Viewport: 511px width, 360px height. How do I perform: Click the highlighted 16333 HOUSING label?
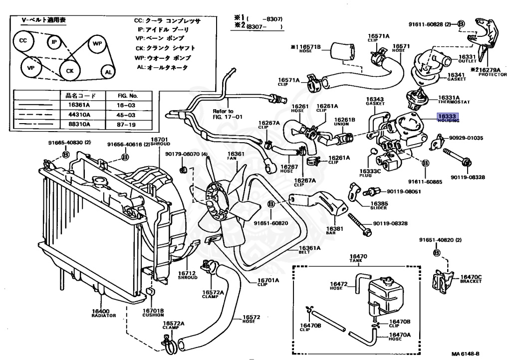tap(448, 118)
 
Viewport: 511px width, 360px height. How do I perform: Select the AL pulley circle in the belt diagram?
tap(108, 72)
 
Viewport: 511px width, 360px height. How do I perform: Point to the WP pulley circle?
tap(97, 44)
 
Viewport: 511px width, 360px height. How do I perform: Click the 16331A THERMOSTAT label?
tap(453, 99)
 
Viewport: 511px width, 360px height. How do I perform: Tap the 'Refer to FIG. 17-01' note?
tap(223, 114)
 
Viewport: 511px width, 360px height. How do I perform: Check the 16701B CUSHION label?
tap(152, 312)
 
